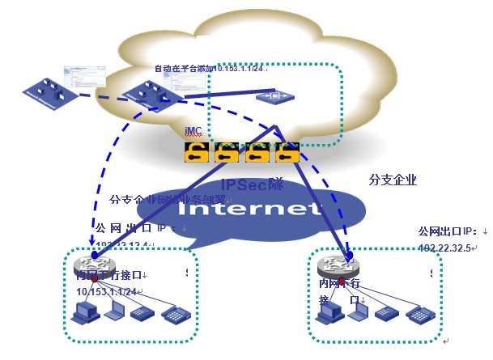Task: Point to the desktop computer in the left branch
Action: [84, 311]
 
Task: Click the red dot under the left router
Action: [95, 279]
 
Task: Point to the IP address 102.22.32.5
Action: [444, 248]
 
